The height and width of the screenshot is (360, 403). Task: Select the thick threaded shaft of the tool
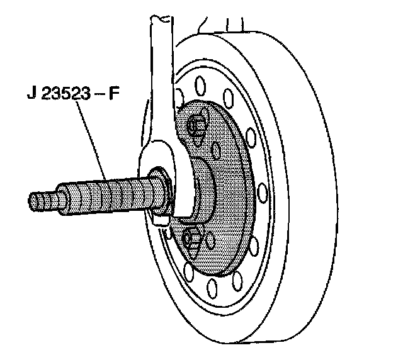[113, 192]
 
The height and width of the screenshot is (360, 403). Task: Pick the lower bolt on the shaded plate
[191, 239]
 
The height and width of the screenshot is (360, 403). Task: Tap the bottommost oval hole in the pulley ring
[213, 290]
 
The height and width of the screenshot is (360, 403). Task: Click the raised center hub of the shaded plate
[208, 189]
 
